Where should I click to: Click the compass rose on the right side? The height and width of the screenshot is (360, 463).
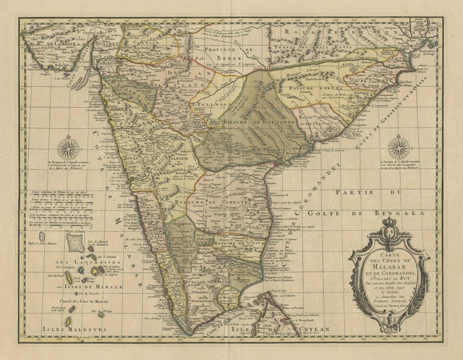398,147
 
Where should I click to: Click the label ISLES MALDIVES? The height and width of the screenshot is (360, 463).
75,330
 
